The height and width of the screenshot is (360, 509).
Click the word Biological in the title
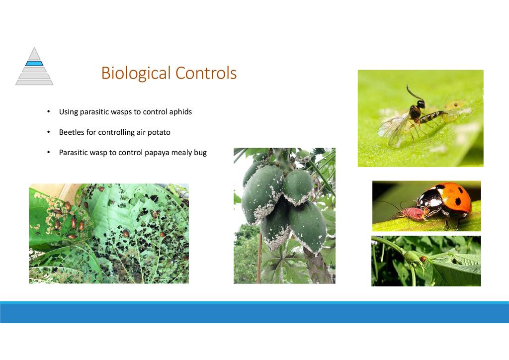tap(136, 73)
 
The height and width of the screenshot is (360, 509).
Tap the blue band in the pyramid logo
tap(34, 63)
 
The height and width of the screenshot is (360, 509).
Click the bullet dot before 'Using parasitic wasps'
tap(49, 112)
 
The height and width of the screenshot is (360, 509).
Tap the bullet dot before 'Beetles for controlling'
tap(49, 132)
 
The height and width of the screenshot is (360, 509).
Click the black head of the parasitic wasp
tap(421, 104)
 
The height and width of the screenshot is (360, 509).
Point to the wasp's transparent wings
tap(394, 128)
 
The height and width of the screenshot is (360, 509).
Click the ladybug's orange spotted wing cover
tap(452, 197)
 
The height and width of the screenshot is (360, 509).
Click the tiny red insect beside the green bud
tap(424, 259)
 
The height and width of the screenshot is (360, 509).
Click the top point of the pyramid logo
tap(34, 47)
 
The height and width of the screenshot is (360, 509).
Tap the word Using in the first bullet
tap(69, 112)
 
